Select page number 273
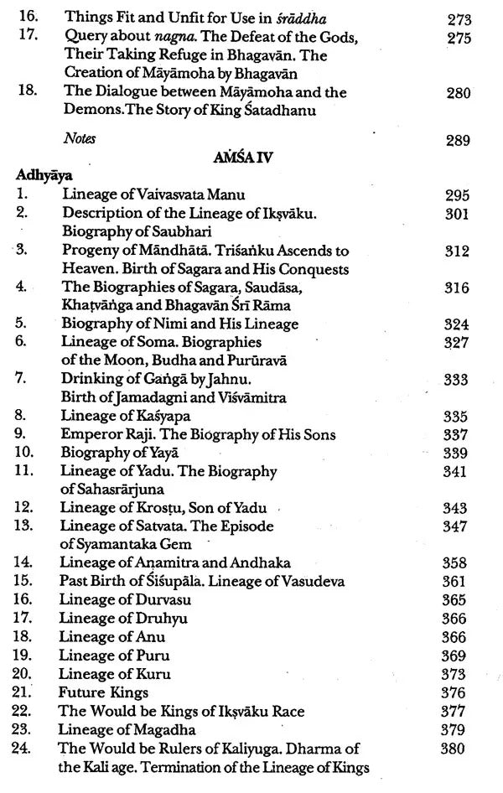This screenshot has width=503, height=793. (458, 18)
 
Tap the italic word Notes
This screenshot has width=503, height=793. (80, 138)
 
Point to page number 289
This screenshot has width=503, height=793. (458, 140)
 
